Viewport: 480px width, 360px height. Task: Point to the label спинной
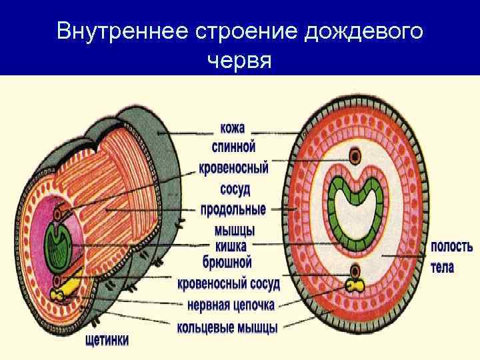tap(233, 147)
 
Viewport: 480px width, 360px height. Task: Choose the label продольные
tap(233, 210)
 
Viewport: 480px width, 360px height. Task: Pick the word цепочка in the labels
tap(253, 305)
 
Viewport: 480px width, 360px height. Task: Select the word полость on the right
tap(452, 246)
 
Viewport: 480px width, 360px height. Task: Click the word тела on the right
tap(443, 267)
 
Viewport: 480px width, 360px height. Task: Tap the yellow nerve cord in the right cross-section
tap(355, 286)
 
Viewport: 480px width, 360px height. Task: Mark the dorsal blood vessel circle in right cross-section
tap(355, 157)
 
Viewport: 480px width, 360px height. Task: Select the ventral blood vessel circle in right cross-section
tap(355, 271)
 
